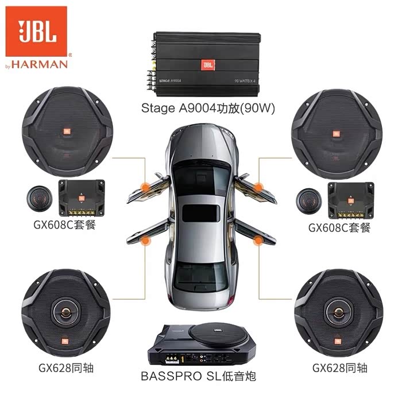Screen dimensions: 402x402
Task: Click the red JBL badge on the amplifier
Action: (207, 65)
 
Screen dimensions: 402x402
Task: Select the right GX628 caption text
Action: (339, 368)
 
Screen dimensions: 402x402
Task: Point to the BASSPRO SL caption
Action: (198, 376)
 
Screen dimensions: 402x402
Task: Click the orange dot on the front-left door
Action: (146, 186)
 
